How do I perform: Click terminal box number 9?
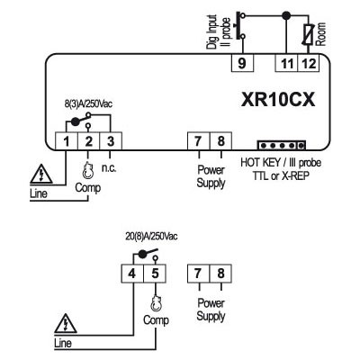pos(242,63)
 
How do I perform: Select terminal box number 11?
pos(286,63)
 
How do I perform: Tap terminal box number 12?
pos(309,63)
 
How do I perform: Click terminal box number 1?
pos(67,141)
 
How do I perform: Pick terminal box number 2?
pos(88,141)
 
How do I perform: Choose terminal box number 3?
pos(111,141)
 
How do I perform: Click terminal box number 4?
pos(132,274)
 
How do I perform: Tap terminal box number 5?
pos(155,274)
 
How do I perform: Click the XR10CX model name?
pos(278,100)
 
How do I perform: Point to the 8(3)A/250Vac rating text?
pos(88,103)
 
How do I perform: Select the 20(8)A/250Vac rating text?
pos(151,237)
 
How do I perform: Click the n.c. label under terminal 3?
pos(109,168)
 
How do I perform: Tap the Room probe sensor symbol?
pos(309,35)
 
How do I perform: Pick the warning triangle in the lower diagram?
pos(66,323)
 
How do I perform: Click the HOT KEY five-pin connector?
pos(282,145)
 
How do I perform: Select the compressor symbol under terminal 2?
pos(88,170)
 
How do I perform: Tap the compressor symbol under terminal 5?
pos(156,303)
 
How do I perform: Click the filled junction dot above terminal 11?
pos(287,14)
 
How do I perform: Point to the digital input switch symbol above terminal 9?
pos(241,26)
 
